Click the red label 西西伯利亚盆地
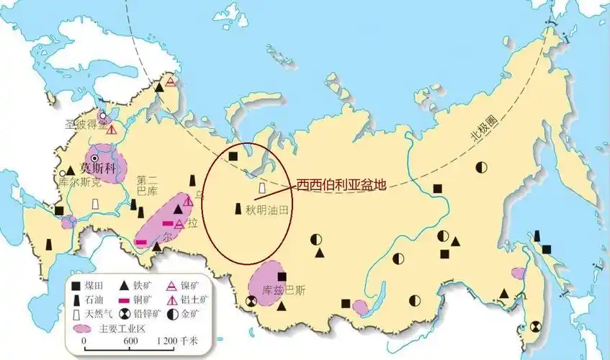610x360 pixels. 341,184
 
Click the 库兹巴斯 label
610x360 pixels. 284,290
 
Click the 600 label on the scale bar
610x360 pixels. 131,341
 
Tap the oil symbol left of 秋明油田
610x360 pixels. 237,210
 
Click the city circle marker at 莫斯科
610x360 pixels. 94,158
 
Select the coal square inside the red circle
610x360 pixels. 233,156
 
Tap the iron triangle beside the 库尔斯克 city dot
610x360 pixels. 71,171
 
